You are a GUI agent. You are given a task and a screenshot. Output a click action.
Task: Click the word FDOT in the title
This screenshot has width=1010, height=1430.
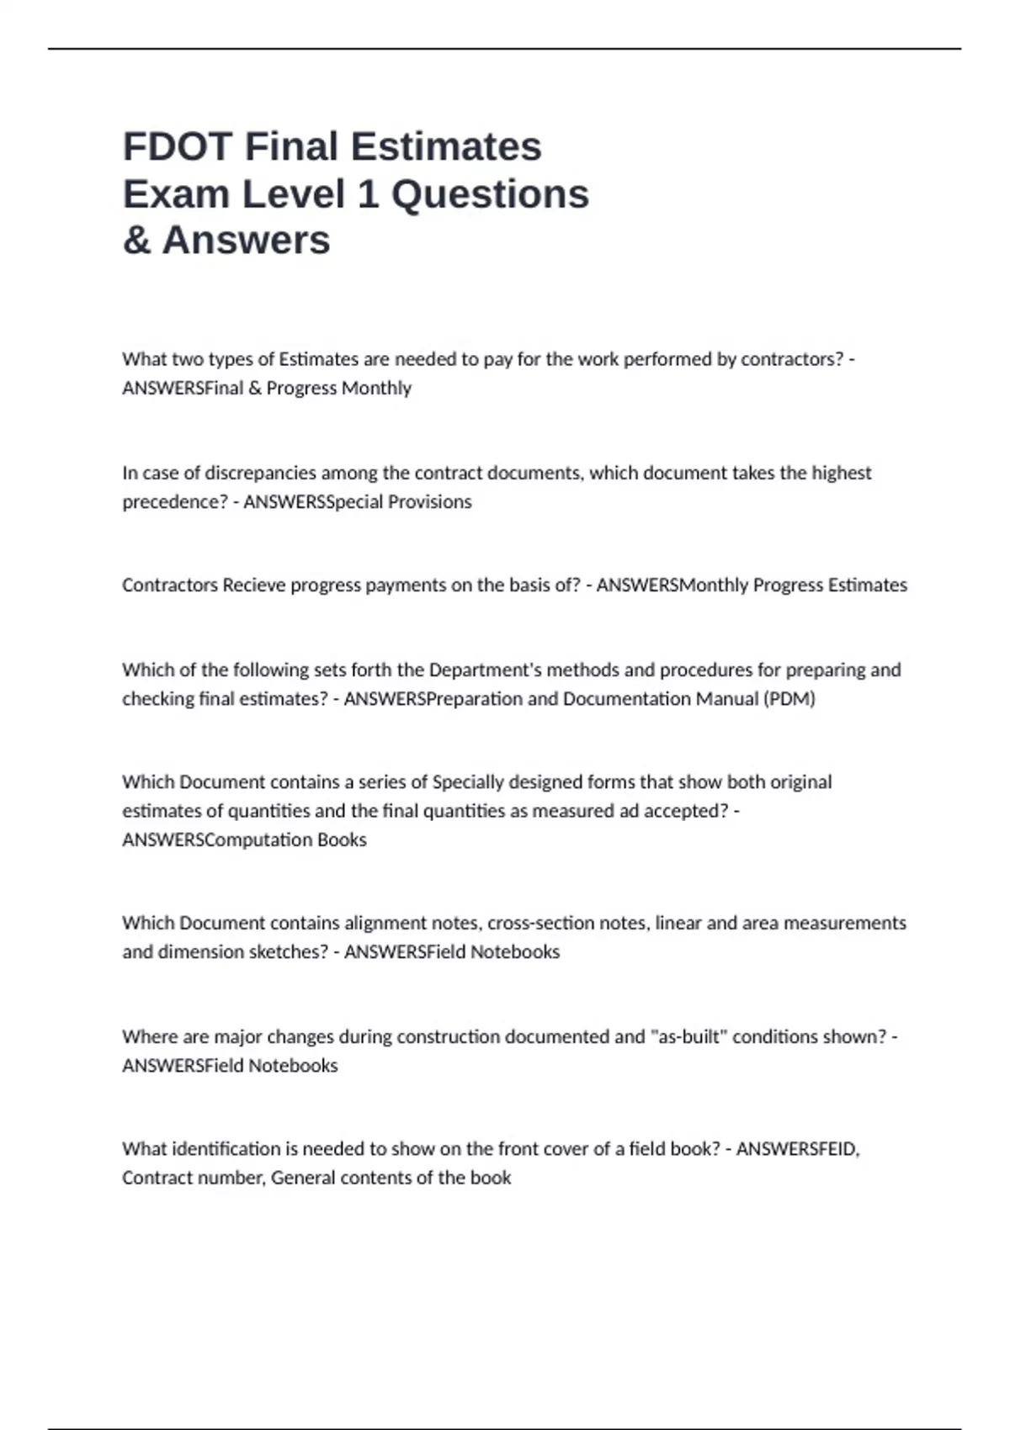(178, 146)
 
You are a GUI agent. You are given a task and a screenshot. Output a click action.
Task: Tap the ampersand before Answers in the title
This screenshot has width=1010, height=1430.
(136, 241)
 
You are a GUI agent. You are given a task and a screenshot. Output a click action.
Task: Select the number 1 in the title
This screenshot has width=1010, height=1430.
(367, 194)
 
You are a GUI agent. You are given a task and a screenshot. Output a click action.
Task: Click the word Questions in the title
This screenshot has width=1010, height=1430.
(490, 194)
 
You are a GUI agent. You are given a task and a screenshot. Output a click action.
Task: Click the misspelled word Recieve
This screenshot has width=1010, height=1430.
(253, 585)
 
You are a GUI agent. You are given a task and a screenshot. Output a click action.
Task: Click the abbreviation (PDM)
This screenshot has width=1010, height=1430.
(789, 698)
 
